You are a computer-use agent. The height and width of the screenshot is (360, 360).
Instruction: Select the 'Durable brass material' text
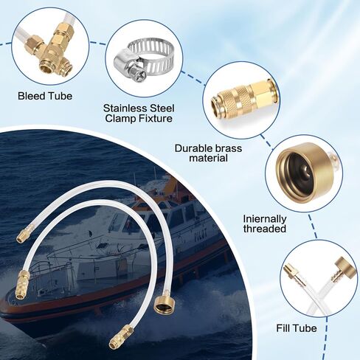click(208, 153)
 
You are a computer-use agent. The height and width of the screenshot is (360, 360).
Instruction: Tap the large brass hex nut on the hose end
click(164, 304)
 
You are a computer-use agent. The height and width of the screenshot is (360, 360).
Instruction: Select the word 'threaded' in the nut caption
click(265, 229)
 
